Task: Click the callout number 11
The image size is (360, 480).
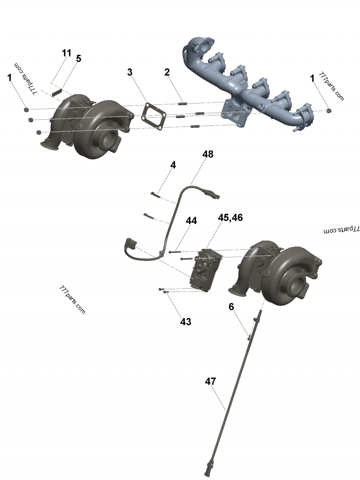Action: pyautogui.click(x=67, y=53)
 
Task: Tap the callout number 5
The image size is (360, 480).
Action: pyautogui.click(x=78, y=59)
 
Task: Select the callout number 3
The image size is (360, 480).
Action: pyautogui.click(x=130, y=72)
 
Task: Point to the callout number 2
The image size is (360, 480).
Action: pyautogui.click(x=167, y=72)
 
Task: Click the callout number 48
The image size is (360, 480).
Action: pyautogui.click(x=208, y=154)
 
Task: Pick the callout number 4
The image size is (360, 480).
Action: pyautogui.click(x=173, y=165)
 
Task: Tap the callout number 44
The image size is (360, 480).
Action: pyautogui.click(x=191, y=221)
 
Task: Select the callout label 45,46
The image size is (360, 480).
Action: pyautogui.click(x=230, y=217)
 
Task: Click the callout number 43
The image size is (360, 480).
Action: pyautogui.click(x=185, y=322)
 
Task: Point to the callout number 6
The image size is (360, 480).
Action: pyautogui.click(x=231, y=306)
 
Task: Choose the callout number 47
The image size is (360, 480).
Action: pyautogui.click(x=211, y=381)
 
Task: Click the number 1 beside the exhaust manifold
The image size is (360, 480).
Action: pyautogui.click(x=312, y=78)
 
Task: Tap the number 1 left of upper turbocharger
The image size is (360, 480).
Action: pyautogui.click(x=9, y=77)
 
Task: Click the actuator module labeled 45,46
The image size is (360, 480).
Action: pyautogui.click(x=206, y=270)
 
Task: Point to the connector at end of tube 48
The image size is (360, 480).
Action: pyautogui.click(x=212, y=195)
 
